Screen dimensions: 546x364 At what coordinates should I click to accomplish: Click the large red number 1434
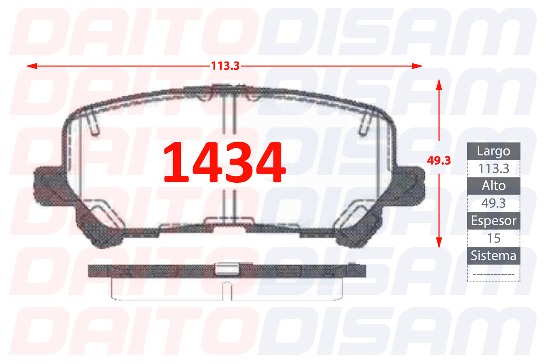click(224, 162)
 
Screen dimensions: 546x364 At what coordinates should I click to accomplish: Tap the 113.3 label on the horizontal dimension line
click(225, 66)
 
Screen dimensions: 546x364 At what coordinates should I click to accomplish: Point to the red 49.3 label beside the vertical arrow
click(439, 161)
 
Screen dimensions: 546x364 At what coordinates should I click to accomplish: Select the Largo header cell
click(493, 151)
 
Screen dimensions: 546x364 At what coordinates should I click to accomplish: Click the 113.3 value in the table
click(493, 169)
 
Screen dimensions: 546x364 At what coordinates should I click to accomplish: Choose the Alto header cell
click(493, 186)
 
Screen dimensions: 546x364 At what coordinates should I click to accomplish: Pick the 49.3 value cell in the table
click(493, 203)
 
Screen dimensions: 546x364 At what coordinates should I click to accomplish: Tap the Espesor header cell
click(493, 221)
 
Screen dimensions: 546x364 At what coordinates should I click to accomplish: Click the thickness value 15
click(493, 238)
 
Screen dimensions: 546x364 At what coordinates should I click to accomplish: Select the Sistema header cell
click(493, 256)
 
